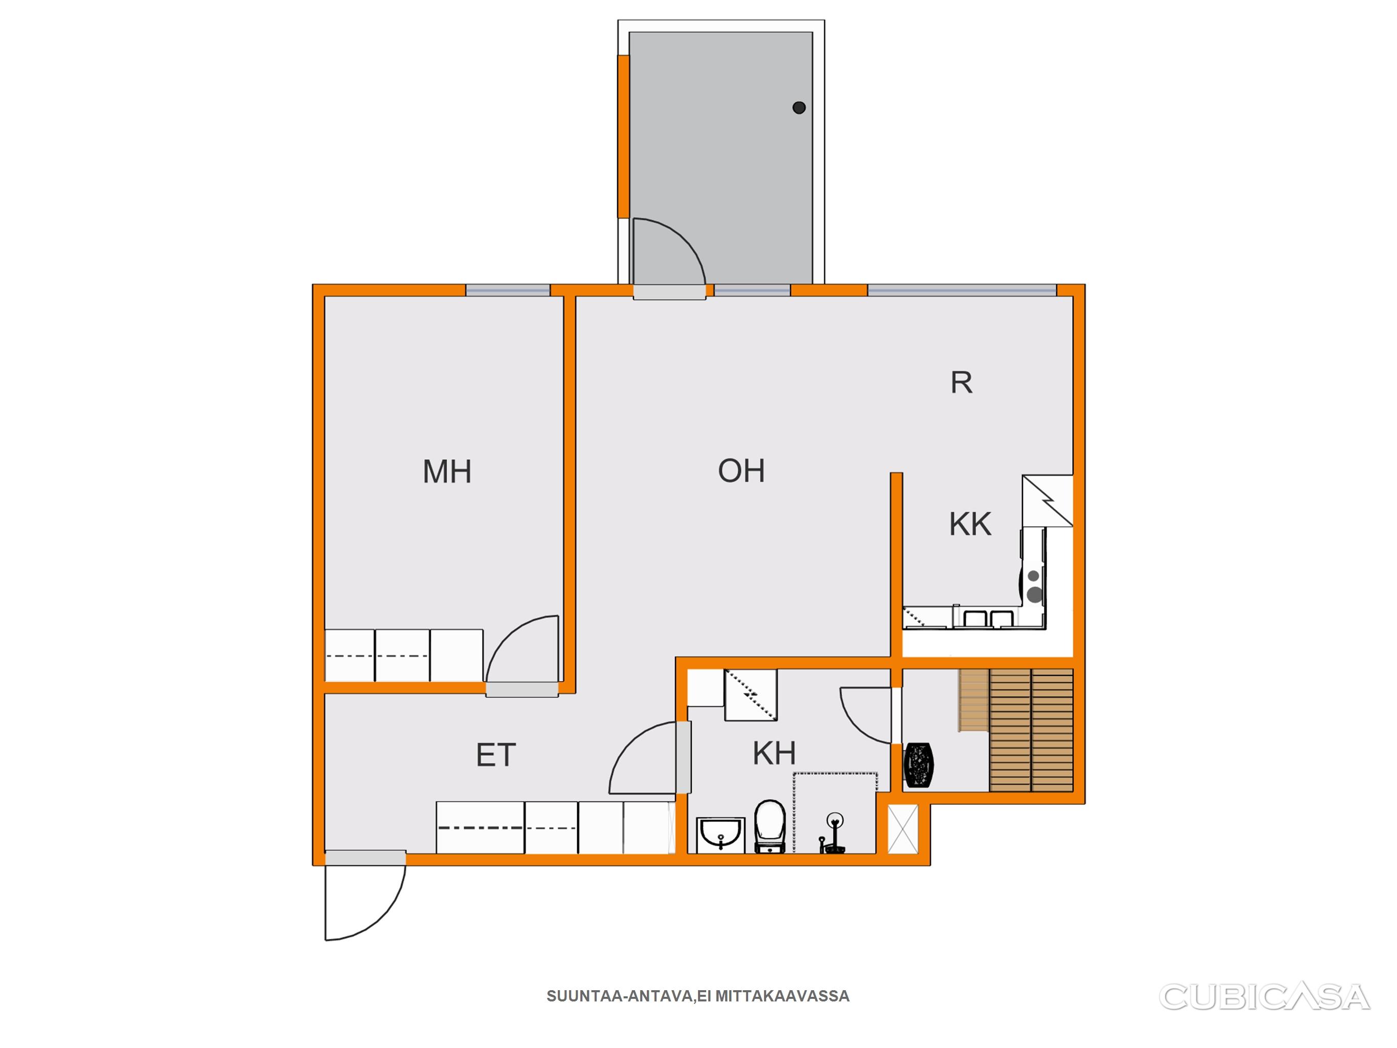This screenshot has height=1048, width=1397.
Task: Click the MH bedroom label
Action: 447,472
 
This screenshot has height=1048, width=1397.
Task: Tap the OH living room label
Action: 741,471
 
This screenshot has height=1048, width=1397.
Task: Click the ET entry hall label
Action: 496,755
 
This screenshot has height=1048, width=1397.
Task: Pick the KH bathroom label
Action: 774,753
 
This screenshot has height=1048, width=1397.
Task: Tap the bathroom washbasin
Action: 721,835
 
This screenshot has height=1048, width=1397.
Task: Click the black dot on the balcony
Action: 799,107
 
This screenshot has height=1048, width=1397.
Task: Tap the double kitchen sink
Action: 985,617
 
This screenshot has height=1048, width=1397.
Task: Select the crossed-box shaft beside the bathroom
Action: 903,829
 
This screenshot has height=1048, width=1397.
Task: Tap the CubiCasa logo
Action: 1264,997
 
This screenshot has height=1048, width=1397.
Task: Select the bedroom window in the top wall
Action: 508,291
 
